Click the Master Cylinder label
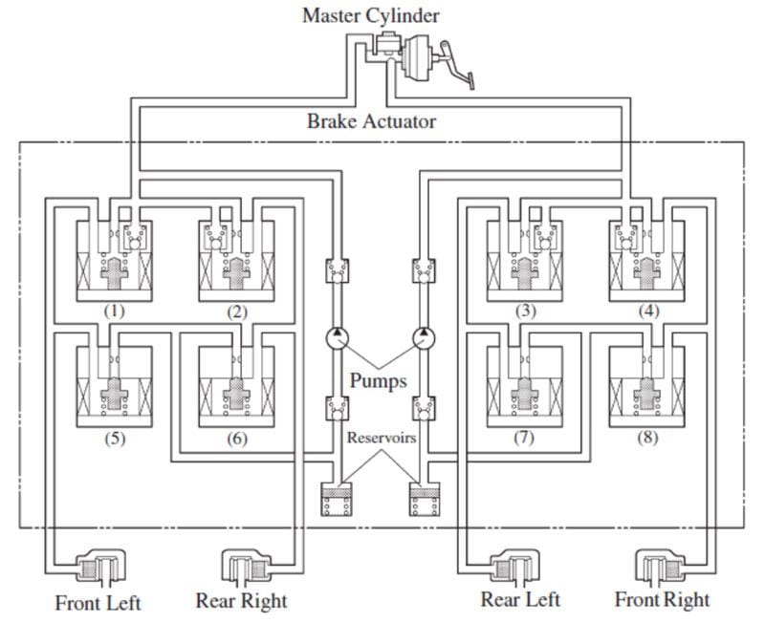pyautogui.click(x=371, y=15)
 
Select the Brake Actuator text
pyautogui.click(x=371, y=121)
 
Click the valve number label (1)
pyautogui.click(x=115, y=311)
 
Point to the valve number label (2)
pyautogui.click(x=237, y=311)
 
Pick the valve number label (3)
pyautogui.click(x=526, y=311)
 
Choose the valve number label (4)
pyautogui.click(x=648, y=311)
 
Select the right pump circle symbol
pyautogui.click(x=422, y=337)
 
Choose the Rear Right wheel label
pyautogui.click(x=241, y=601)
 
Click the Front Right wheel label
pyautogui.click(x=662, y=600)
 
